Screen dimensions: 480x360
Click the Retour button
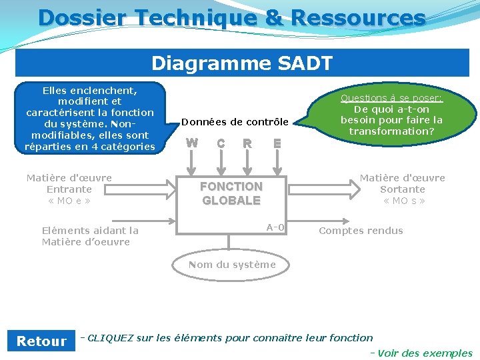(41, 341)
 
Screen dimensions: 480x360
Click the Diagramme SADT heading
(242, 63)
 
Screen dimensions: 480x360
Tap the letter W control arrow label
(192, 143)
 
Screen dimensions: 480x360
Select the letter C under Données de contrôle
(221, 143)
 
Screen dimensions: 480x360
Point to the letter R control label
(247, 143)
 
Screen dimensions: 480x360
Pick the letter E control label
(277, 143)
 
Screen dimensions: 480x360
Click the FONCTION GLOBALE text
(231, 193)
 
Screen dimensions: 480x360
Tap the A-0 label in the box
(275, 228)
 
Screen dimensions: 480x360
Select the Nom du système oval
(232, 265)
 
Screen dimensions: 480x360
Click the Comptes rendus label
(361, 231)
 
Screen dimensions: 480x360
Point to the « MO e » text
(69, 201)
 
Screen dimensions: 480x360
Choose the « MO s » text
(403, 201)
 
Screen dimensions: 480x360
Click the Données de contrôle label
(235, 122)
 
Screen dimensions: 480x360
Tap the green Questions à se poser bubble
(391, 115)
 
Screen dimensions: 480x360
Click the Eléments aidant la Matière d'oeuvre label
(90, 236)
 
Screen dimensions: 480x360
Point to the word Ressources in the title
(364, 18)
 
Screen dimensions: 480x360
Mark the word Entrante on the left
(69, 189)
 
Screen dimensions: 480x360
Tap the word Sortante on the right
(403, 189)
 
